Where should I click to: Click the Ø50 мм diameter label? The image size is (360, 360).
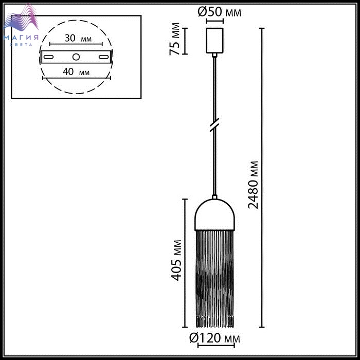(x=219, y=12)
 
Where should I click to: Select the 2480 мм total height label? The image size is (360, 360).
(x=253, y=185)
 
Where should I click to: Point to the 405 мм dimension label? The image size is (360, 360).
(x=176, y=260)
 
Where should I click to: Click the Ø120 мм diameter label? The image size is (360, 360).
(x=214, y=338)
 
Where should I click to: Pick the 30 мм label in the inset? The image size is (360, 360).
(x=78, y=38)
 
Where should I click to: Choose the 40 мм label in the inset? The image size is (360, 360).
(x=76, y=72)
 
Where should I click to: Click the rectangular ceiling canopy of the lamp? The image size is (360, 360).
(x=214, y=41)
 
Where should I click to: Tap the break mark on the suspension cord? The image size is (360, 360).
(x=214, y=125)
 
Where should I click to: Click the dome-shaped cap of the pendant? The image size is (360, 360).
(x=214, y=214)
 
